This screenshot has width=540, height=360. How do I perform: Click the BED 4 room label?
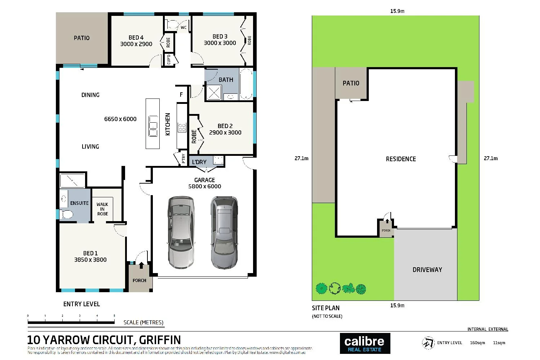(x=136, y=38)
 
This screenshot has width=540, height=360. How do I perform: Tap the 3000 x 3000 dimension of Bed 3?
(x=220, y=43)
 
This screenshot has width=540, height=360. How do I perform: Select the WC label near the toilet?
(x=183, y=27)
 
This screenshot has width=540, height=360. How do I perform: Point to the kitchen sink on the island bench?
(x=153, y=126)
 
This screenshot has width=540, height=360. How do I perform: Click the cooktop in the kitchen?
(x=182, y=127)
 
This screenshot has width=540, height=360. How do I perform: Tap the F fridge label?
(x=181, y=95)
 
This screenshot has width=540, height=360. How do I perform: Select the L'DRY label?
(x=199, y=162)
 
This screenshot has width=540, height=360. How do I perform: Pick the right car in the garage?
(x=224, y=232)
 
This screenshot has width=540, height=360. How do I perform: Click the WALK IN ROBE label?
(x=102, y=209)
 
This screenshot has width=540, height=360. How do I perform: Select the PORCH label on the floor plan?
(x=140, y=280)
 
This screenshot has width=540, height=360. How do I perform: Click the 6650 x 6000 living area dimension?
(x=120, y=119)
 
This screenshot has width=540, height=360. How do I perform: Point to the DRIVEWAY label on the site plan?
(x=427, y=270)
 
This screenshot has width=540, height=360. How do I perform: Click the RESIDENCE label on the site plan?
(x=401, y=159)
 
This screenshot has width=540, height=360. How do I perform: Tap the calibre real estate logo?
(x=364, y=343)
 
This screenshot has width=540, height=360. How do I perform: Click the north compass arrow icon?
(x=428, y=343)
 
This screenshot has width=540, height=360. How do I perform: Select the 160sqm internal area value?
(x=477, y=343)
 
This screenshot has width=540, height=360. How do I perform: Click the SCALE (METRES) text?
(x=143, y=322)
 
